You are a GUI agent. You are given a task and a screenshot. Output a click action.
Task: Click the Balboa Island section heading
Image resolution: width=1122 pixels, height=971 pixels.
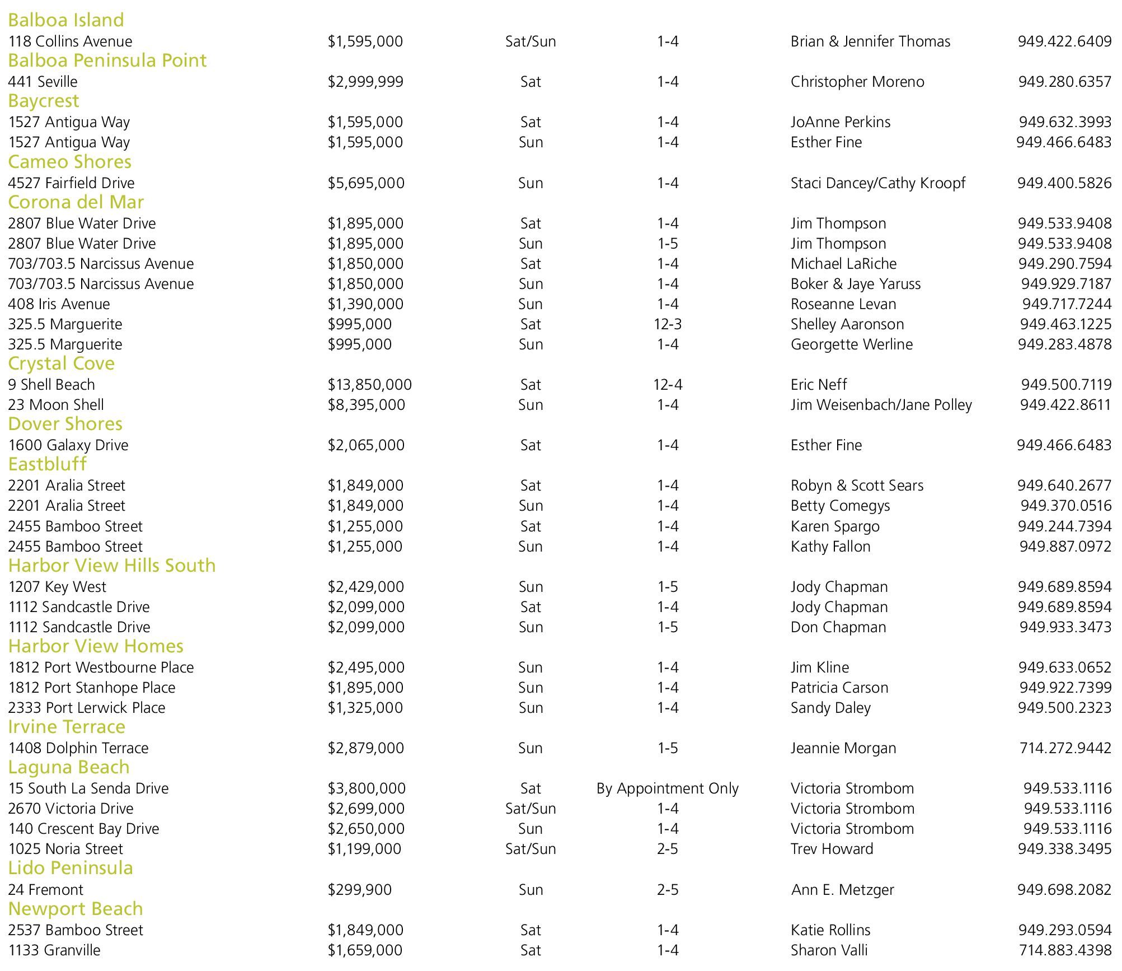pos(66,20)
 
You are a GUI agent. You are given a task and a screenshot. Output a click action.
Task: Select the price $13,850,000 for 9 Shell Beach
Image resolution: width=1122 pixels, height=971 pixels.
pos(369,385)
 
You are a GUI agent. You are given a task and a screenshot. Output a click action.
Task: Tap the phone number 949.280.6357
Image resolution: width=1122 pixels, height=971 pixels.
pos(1064,82)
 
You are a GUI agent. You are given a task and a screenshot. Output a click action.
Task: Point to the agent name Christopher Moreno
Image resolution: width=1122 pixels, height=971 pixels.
pos(857,82)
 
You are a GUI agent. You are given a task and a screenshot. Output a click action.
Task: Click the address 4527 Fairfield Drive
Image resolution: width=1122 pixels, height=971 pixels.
pos(71,183)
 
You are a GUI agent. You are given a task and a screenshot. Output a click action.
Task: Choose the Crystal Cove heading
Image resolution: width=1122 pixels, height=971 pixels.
pos(61,363)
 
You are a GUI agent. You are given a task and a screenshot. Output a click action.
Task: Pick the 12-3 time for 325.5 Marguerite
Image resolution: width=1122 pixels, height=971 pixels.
pos(667,324)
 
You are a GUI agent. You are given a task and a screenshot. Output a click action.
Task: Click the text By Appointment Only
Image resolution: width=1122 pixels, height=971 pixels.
pos(667,788)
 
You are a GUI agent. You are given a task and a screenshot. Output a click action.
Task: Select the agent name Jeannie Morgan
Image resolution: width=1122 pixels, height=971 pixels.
pos(843,748)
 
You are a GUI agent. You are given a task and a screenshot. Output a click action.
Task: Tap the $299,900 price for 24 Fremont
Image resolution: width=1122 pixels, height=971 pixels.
pos(359,890)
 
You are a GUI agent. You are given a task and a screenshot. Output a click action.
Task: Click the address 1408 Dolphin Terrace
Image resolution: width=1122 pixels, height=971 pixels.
pos(78,748)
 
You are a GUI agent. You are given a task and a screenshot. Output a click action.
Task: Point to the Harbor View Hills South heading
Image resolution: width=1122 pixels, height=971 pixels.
pos(112,566)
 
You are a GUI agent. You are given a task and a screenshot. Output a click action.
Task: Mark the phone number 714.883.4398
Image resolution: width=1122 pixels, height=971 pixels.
pos(1064,950)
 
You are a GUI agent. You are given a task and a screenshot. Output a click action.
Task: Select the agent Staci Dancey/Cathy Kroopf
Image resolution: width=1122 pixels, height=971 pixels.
pos(877,183)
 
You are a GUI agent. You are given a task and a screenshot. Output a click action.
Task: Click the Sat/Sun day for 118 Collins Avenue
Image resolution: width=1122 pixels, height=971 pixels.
pos(531,41)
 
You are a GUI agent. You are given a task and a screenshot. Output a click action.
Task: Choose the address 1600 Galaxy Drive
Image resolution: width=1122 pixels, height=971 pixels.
pos(68,445)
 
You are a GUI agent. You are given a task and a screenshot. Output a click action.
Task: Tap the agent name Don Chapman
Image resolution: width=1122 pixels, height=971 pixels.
pos(838,627)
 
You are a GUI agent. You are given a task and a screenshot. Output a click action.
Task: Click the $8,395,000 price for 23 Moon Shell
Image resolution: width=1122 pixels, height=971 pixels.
pos(366,405)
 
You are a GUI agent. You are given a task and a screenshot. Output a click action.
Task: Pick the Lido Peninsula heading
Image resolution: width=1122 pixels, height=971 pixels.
pos(71,868)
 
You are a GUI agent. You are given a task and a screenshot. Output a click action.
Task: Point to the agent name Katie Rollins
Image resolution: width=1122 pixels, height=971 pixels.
pos(830,930)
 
